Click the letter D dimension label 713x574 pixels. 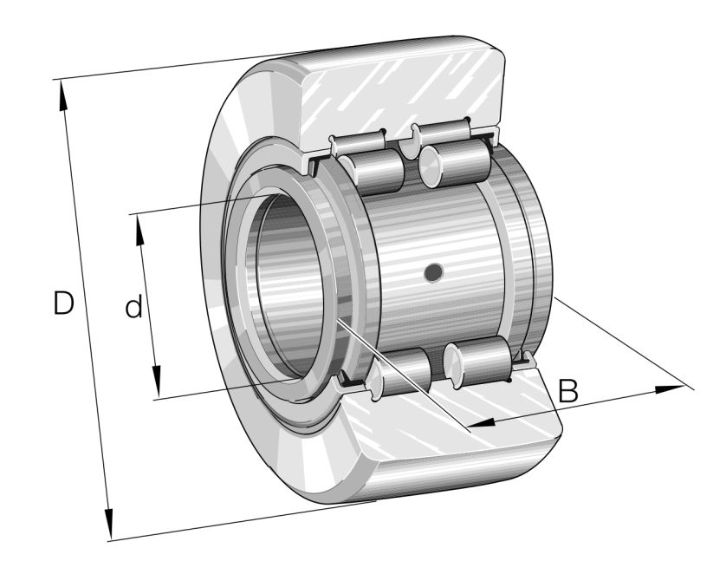(x=62, y=303)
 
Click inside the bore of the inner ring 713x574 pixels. (x=286, y=286)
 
